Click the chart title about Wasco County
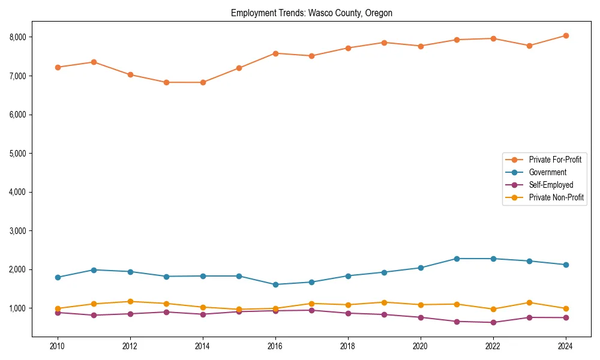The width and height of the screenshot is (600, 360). (311, 13)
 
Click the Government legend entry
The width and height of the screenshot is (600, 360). (547, 172)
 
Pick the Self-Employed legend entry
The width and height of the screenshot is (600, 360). (551, 185)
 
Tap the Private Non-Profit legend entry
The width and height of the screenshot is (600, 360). (556, 197)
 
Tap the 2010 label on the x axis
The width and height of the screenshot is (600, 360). (58, 346)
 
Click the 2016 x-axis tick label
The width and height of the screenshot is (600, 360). (275, 346)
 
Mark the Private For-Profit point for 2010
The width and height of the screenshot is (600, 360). (58, 67)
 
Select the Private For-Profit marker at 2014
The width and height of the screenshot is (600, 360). (203, 82)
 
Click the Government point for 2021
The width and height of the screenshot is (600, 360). (457, 259)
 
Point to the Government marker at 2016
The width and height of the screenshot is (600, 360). (275, 284)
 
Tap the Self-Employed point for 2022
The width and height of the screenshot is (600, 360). (493, 322)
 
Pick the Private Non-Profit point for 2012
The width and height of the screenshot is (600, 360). (130, 301)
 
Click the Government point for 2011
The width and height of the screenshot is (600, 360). (94, 270)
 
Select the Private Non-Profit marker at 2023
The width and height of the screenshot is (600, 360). (529, 302)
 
